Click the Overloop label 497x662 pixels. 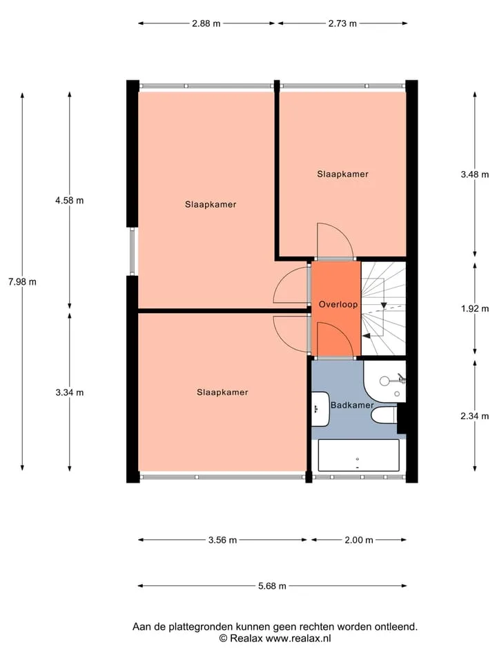click(338, 304)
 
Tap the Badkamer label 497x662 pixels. click(352, 405)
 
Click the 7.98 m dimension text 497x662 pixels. click(22, 281)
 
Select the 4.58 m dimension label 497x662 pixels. click(69, 201)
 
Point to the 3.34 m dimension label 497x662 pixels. click(69, 392)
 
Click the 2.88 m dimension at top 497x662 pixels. click(206, 23)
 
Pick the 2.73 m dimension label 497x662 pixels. click(342, 23)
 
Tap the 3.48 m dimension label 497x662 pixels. click(475, 174)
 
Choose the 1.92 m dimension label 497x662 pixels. click(475, 309)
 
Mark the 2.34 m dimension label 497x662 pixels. click(475, 417)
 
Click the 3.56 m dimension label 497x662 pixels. click(222, 540)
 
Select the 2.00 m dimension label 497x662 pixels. click(359, 540)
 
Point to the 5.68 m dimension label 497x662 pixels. click(272, 586)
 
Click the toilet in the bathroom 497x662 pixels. click(384, 415)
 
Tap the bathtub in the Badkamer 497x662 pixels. click(358, 456)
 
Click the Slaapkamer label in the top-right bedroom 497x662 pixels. click(343, 174)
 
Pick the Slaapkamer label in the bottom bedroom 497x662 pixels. click(222, 392)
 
